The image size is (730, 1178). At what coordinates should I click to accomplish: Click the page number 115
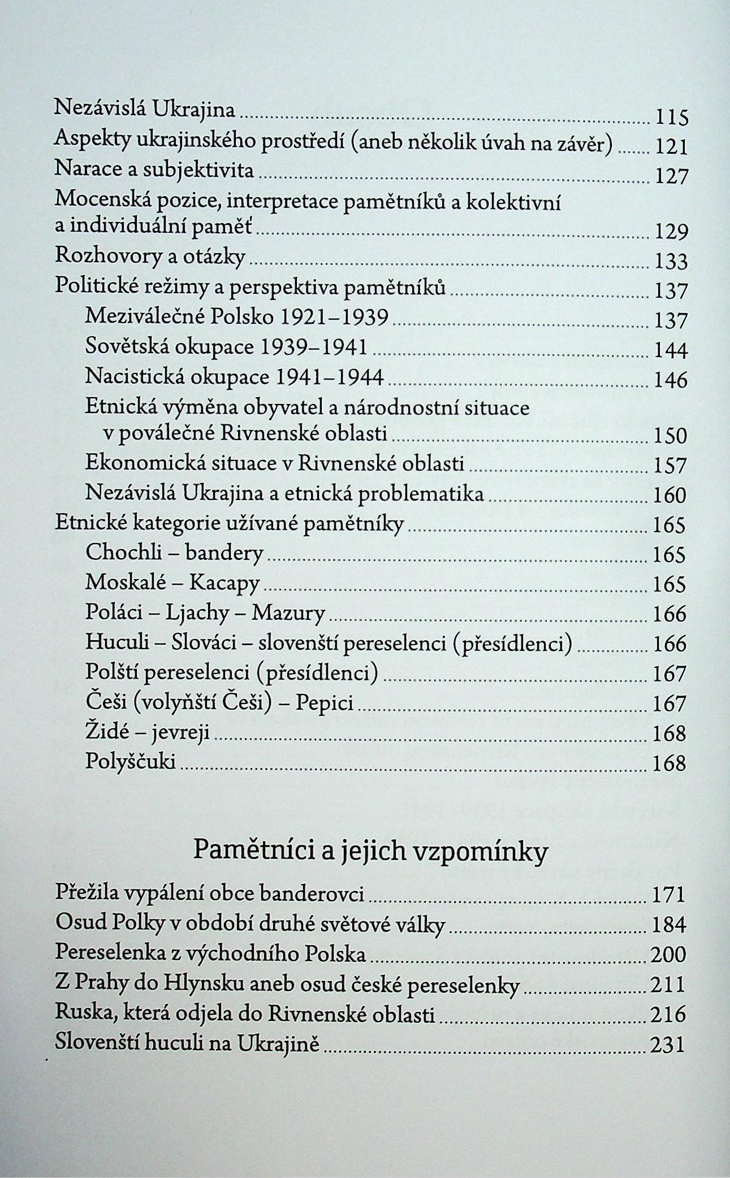coord(670,118)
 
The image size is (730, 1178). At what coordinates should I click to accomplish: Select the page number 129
coord(671,232)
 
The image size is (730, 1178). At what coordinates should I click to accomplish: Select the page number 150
coord(670,436)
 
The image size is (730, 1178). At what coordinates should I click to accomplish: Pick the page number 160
coord(670,495)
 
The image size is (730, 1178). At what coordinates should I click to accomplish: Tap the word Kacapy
coord(224,583)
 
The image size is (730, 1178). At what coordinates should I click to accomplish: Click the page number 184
coord(669,924)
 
